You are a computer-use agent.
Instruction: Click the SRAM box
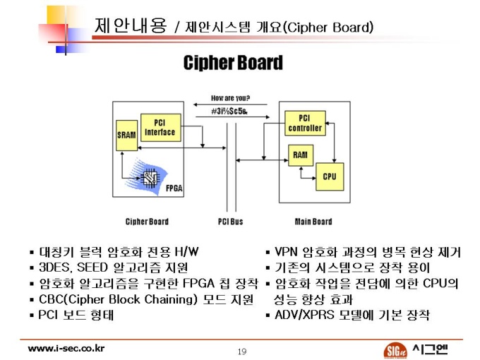click(x=127, y=136)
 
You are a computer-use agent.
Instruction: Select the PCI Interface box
click(x=161, y=128)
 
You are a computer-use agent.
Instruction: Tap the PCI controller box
click(x=305, y=123)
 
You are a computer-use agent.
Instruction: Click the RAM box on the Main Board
click(x=301, y=155)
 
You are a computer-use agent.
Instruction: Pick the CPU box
click(x=330, y=176)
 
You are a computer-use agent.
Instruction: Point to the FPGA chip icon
click(x=150, y=178)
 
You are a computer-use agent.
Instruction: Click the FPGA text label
click(x=174, y=188)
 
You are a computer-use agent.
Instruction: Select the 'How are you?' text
click(x=230, y=98)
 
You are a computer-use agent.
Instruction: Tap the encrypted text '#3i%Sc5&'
click(x=229, y=111)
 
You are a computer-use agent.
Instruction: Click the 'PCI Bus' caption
click(x=230, y=222)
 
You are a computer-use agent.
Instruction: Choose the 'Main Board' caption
click(x=313, y=222)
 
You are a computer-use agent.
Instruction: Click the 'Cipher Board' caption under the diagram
click(x=147, y=222)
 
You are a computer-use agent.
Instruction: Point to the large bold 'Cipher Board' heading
click(x=233, y=63)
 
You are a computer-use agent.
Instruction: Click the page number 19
click(x=242, y=351)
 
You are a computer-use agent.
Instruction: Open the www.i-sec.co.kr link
click(x=66, y=349)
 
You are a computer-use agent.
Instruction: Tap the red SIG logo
click(x=395, y=350)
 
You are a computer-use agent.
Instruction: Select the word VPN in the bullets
click(x=286, y=252)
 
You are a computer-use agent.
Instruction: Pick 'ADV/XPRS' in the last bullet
click(x=304, y=315)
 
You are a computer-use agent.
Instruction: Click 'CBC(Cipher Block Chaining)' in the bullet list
click(x=118, y=299)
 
